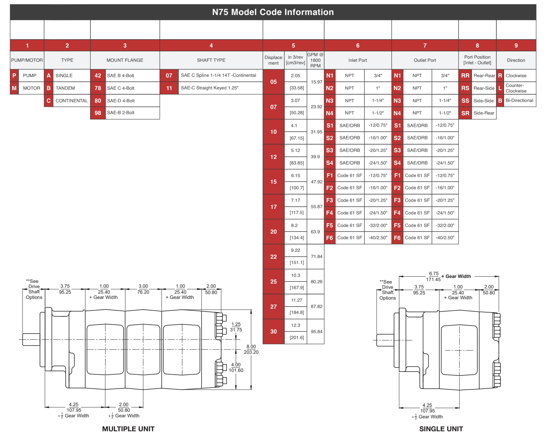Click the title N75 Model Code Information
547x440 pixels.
[x=273, y=12]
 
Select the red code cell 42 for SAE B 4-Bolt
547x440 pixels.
[x=98, y=76]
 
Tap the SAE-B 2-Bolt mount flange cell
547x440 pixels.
[x=121, y=113]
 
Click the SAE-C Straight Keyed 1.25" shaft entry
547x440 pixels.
[x=210, y=88]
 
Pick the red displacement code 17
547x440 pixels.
[x=273, y=207]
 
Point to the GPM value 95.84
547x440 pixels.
[x=316, y=332]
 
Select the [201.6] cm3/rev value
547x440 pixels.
[x=297, y=338]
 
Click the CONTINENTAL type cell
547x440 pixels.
[x=72, y=101]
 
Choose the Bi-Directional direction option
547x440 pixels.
[x=519, y=101]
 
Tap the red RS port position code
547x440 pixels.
[x=465, y=88]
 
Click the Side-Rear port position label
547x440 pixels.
[x=484, y=113]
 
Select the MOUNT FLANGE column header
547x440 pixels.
[x=125, y=60]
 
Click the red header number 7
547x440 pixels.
[x=425, y=46]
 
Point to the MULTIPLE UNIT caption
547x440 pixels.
[x=128, y=429]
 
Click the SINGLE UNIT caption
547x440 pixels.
[x=441, y=429]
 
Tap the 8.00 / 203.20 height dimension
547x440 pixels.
[x=251, y=350]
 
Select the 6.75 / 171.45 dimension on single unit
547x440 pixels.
[x=433, y=277]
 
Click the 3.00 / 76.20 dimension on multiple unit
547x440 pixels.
[x=143, y=289]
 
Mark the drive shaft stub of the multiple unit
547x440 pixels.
[x=31, y=339]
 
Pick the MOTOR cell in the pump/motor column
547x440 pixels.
[x=31, y=88]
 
